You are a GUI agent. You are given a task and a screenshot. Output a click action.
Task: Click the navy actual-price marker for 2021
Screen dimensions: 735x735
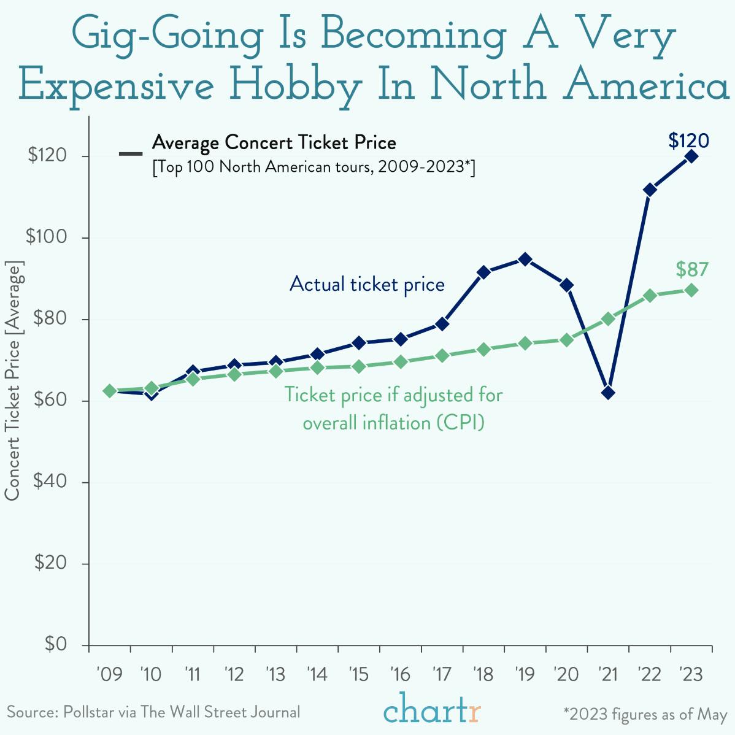(608, 393)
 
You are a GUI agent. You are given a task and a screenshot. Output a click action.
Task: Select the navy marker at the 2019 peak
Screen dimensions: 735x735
(525, 259)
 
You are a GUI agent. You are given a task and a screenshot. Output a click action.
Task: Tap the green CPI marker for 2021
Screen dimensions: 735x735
(608, 318)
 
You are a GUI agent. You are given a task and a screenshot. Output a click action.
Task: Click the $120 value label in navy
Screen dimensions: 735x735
(688, 141)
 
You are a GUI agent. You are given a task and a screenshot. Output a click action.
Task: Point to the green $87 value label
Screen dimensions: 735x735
(692, 269)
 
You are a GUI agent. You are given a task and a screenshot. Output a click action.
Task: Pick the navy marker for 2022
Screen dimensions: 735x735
(650, 190)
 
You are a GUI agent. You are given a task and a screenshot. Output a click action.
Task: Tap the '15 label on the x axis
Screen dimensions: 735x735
(358, 675)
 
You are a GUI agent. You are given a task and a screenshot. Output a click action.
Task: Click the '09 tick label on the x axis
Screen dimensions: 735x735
(110, 675)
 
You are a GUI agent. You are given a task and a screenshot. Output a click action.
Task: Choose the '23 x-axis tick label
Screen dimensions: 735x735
(691, 675)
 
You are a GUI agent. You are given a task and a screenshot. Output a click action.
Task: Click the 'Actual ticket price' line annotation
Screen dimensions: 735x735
(367, 285)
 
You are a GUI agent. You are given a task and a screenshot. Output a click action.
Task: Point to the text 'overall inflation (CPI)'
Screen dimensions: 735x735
(393, 423)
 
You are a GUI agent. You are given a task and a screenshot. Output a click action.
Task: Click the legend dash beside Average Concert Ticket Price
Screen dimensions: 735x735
(131, 153)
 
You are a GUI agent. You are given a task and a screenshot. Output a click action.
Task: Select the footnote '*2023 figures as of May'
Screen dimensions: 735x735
(645, 714)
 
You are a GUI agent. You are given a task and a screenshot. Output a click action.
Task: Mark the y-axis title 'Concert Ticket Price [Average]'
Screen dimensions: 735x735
(13, 380)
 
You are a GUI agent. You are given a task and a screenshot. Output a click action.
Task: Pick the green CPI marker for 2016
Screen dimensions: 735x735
(401, 362)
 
